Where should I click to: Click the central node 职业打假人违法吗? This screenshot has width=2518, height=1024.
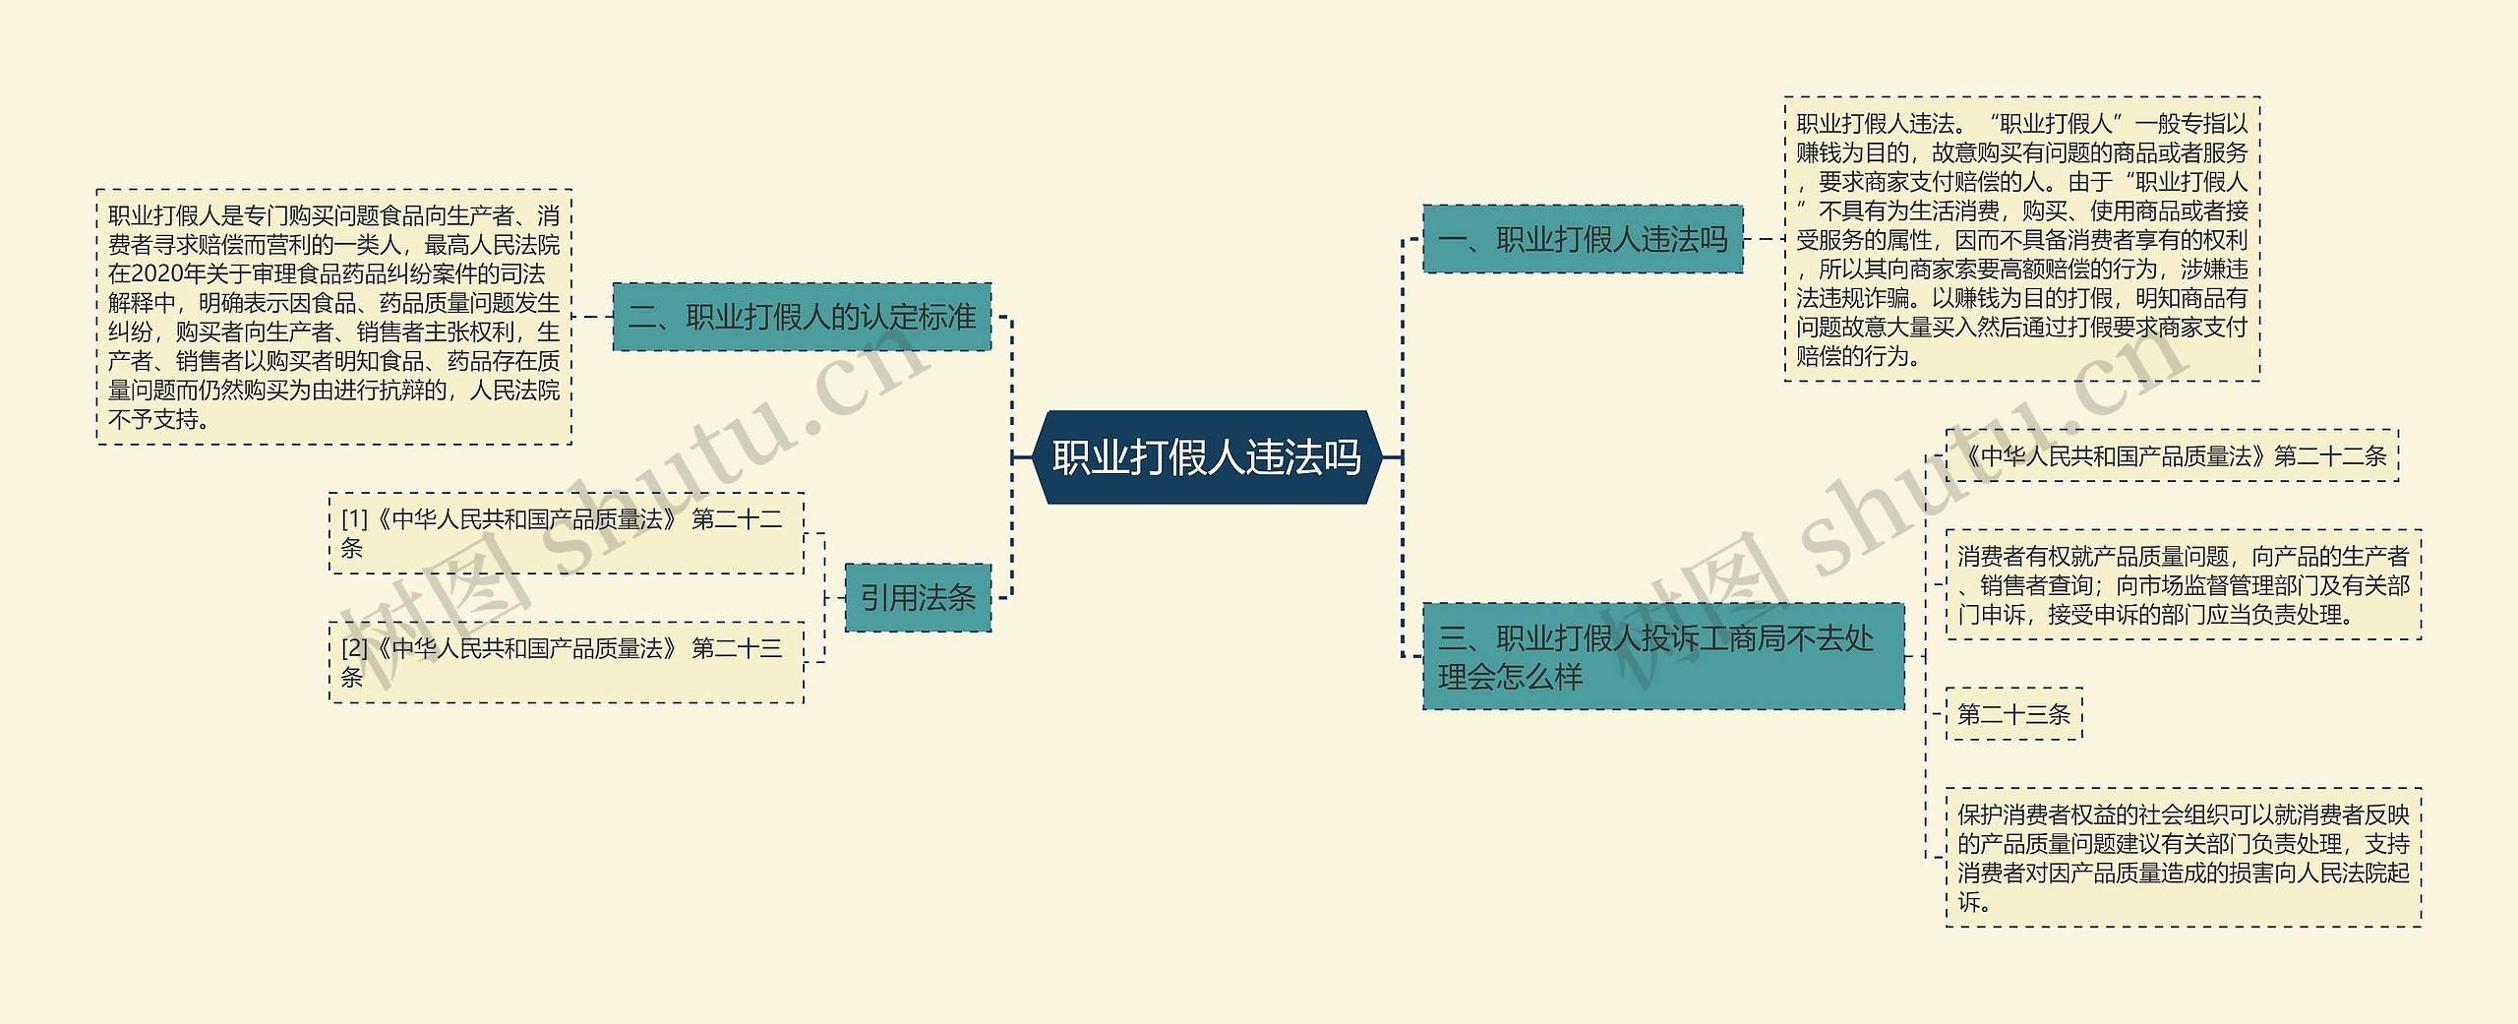tap(1207, 457)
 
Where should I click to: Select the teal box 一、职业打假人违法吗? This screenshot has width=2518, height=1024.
tap(1582, 239)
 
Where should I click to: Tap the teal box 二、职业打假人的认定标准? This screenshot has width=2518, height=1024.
tap(802, 317)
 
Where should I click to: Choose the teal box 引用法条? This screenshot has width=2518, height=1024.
tap(918, 597)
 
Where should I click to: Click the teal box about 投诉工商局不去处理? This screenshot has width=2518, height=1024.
tap(1662, 656)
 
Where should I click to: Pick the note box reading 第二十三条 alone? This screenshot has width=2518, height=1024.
tap(2013, 714)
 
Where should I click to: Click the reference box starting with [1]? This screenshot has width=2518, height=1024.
tap(566, 533)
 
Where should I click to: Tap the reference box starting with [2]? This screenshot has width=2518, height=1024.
tap(566, 662)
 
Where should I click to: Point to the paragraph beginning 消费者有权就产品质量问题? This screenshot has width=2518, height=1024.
tap(2183, 585)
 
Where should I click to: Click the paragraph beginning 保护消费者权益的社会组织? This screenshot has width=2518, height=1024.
tap(2183, 857)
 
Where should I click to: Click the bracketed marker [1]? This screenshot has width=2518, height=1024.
tap(354, 519)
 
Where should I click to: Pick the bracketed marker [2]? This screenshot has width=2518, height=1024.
tap(354, 648)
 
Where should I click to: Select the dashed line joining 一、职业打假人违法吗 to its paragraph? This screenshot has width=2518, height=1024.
tap(1764, 239)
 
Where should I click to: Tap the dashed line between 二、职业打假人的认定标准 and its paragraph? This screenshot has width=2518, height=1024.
tap(592, 317)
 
